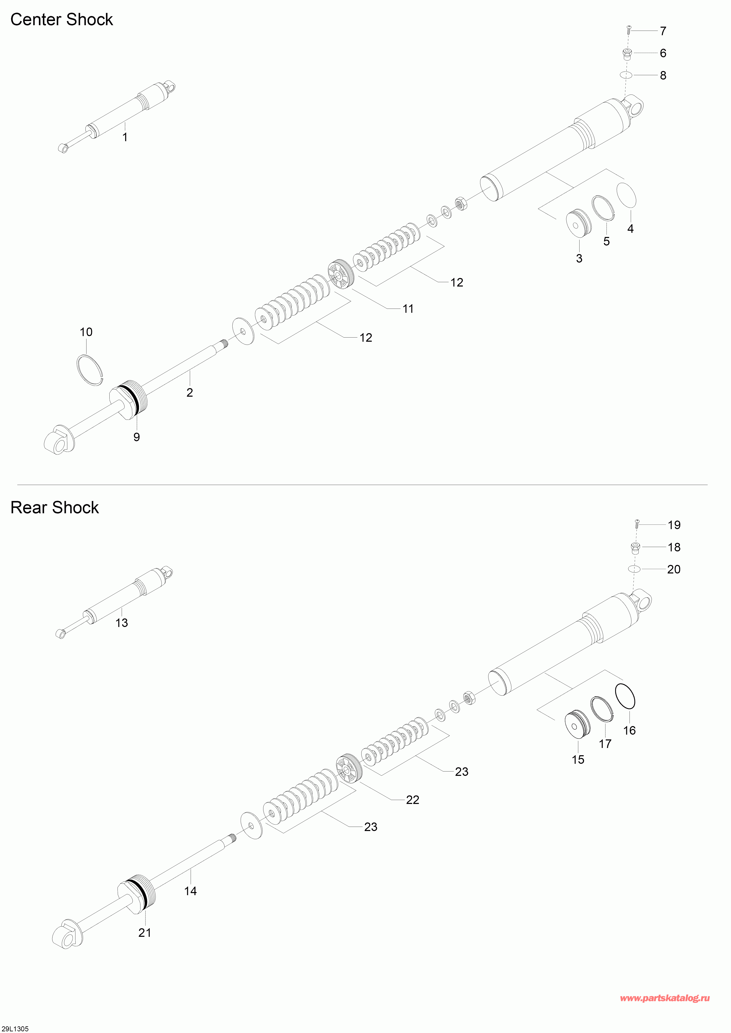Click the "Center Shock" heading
pyautogui.click(x=62, y=20)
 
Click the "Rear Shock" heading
pyautogui.click(x=54, y=507)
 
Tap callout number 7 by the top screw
pyautogui.click(x=663, y=31)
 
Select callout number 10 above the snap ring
pyautogui.click(x=86, y=332)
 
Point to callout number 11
pyautogui.click(x=408, y=309)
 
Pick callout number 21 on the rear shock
pyautogui.click(x=144, y=933)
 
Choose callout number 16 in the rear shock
pyautogui.click(x=629, y=730)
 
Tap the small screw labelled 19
pyautogui.click(x=637, y=524)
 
